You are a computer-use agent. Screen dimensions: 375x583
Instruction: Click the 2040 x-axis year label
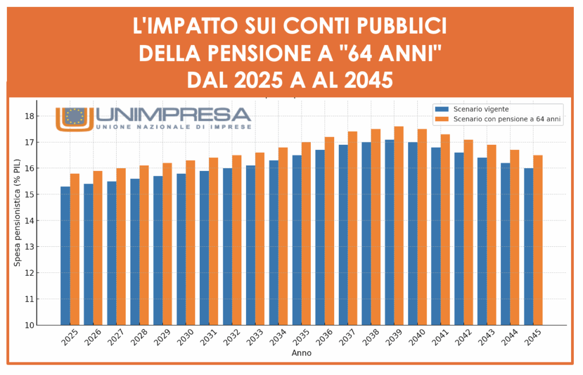(x=417, y=339)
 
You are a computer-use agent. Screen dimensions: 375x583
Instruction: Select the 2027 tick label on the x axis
(x=116, y=339)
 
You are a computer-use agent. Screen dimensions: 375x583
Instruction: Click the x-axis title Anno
(x=301, y=353)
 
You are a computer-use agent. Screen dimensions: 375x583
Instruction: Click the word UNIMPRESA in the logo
(x=173, y=115)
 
